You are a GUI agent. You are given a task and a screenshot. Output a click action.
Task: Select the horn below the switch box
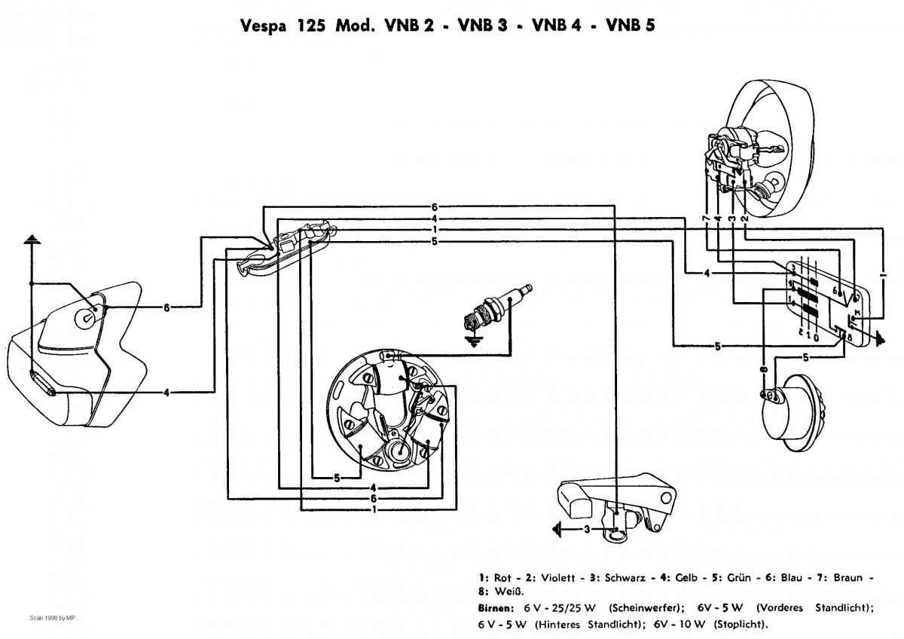(x=791, y=407)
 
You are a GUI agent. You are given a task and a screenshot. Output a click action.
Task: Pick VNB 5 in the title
(x=630, y=26)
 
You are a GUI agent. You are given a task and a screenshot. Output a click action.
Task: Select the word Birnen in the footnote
(x=495, y=607)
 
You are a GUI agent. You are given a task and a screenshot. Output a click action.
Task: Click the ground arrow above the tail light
(x=32, y=240)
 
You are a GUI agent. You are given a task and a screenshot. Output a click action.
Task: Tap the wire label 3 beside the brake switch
(x=587, y=530)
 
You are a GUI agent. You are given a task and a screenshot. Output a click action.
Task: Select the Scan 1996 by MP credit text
(x=52, y=619)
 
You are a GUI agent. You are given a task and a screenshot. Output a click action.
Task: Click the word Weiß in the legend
(x=499, y=592)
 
